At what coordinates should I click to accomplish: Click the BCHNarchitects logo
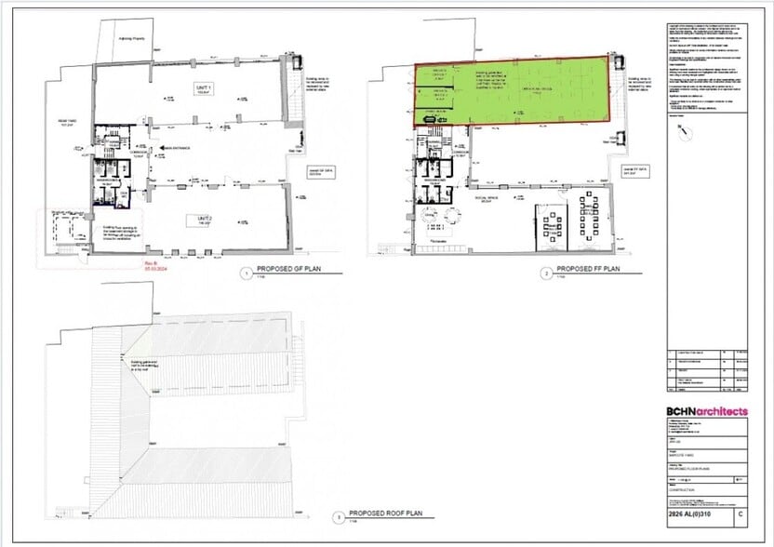click(x=706, y=412)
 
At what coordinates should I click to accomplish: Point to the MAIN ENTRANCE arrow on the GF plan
click(x=170, y=146)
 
